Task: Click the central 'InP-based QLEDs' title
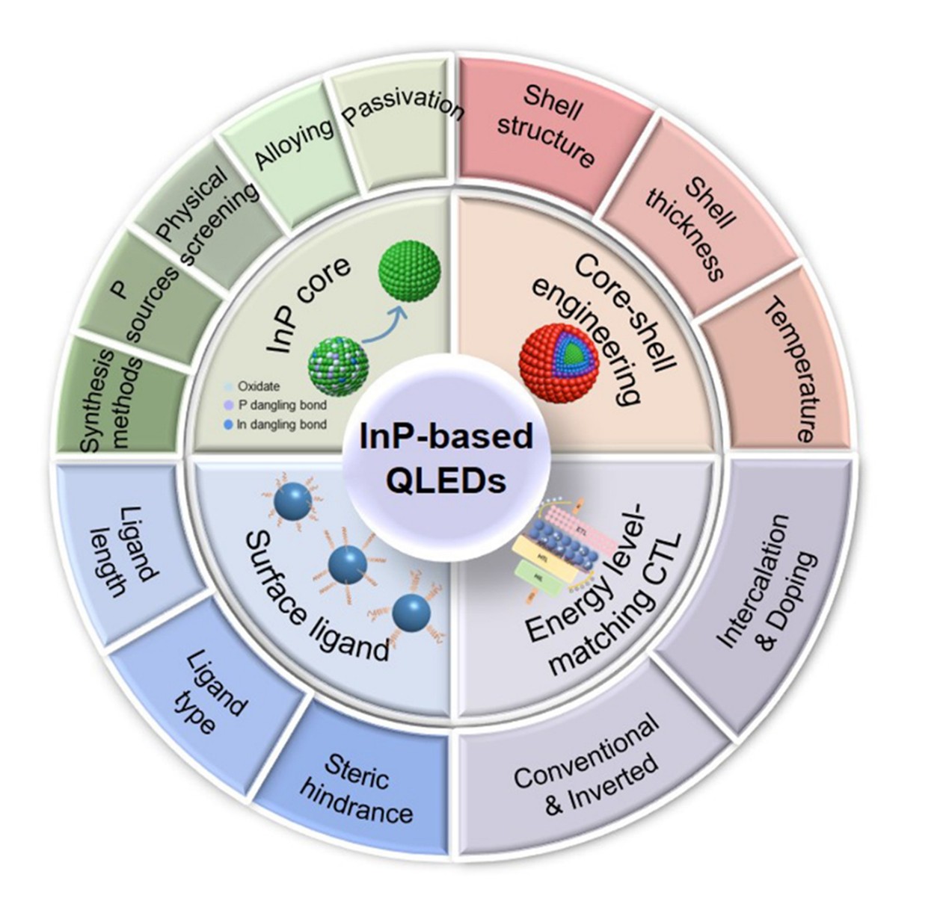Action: pyautogui.click(x=446, y=457)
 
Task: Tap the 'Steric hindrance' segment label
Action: pyautogui.click(x=356, y=787)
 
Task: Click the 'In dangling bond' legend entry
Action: pyautogui.click(x=281, y=424)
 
